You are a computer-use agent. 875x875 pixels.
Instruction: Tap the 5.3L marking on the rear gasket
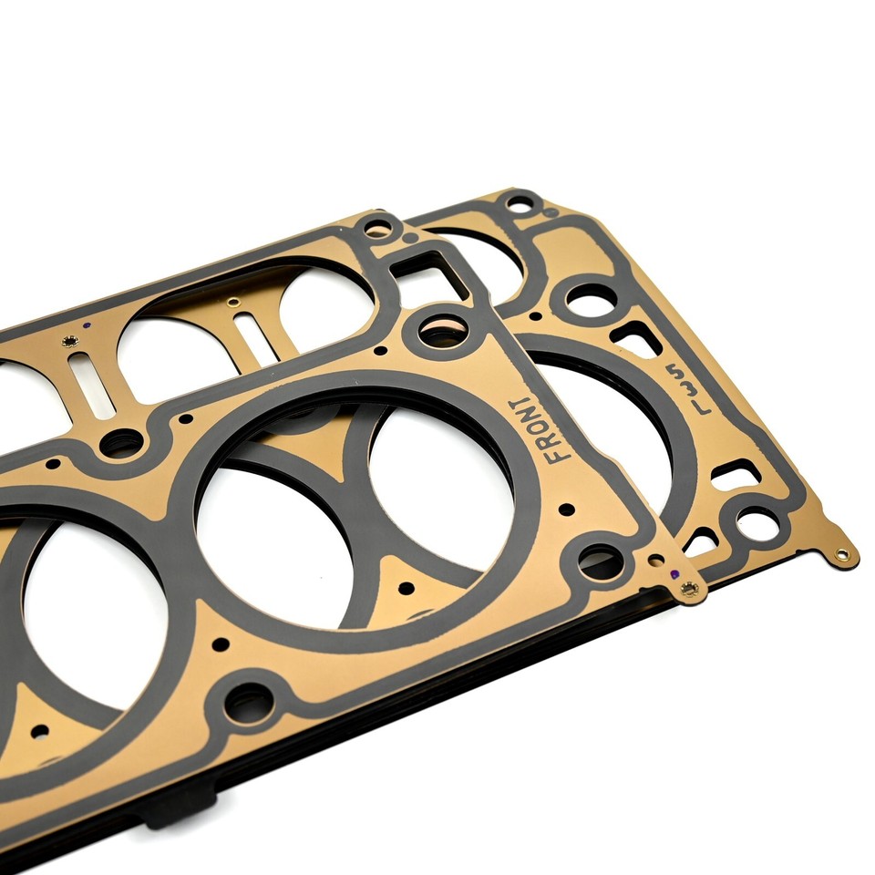tap(680, 387)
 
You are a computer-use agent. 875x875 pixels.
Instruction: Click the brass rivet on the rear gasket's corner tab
tap(841, 553)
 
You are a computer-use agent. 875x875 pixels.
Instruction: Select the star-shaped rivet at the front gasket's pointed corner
tap(688, 590)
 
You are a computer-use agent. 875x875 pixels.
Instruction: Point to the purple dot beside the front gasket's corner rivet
tap(673, 574)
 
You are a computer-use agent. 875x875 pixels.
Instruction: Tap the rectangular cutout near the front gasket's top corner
tap(429, 273)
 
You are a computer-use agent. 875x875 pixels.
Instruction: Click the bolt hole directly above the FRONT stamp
tap(444, 330)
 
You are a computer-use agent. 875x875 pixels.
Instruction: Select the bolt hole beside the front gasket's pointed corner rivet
tap(601, 561)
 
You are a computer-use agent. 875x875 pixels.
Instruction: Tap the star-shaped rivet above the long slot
tap(68, 342)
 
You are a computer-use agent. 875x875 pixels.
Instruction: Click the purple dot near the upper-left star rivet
tap(85, 325)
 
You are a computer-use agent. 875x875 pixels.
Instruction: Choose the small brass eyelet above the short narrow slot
tap(234, 302)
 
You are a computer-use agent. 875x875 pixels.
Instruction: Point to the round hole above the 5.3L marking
tap(591, 300)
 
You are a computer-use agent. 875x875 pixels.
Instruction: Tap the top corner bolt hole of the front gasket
tap(376, 227)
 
